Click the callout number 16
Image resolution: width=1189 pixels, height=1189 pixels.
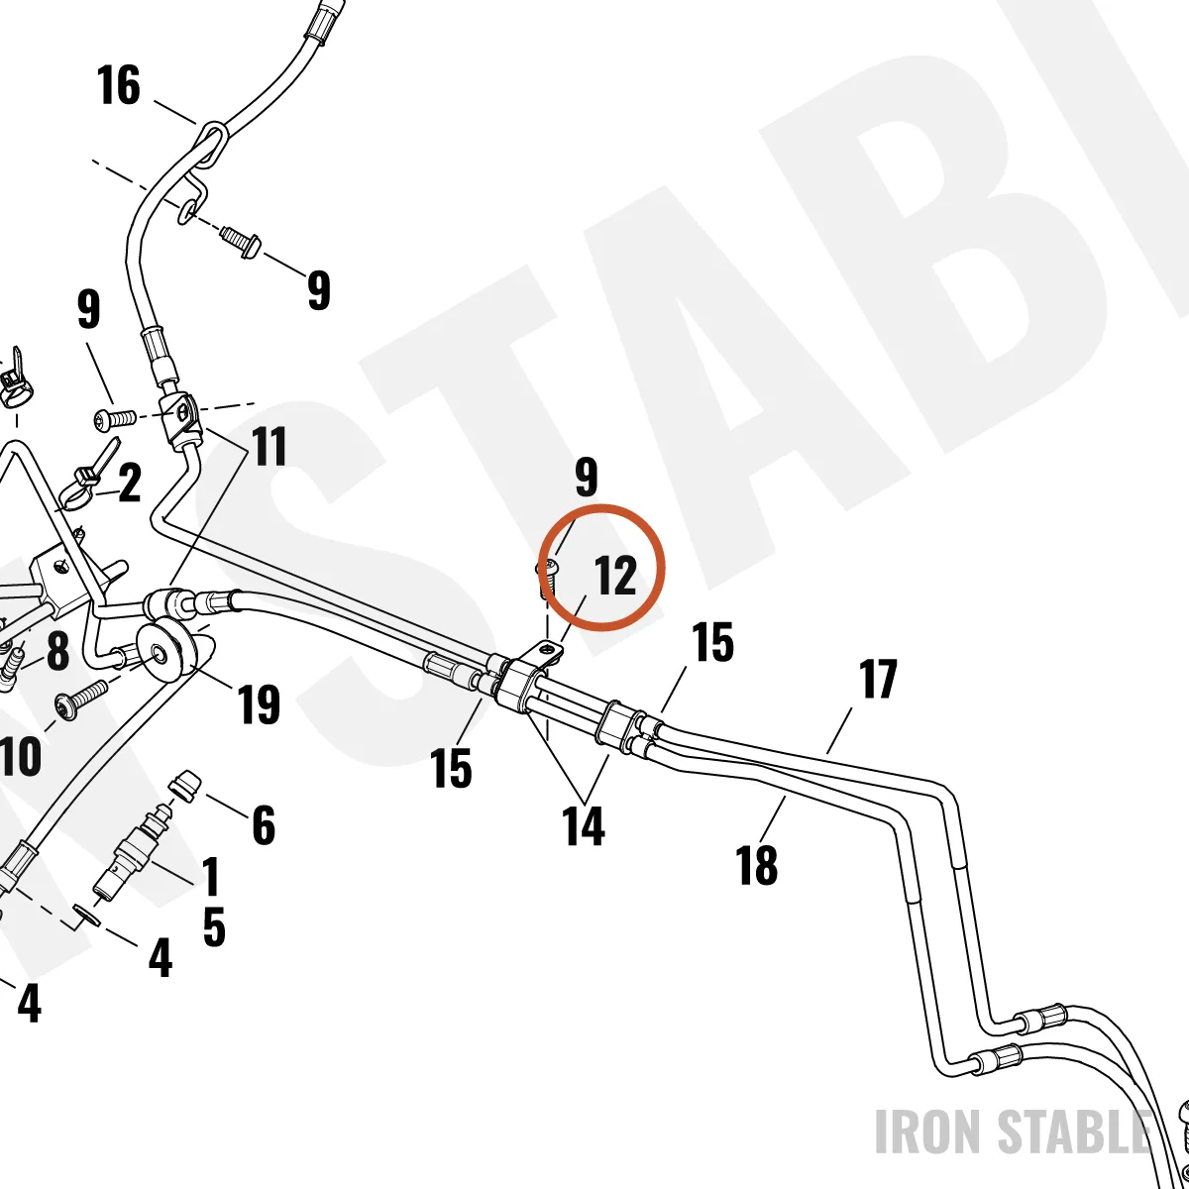coord(119,85)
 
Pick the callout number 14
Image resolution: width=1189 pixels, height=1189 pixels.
coord(583,826)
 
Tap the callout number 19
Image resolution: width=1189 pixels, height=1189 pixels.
coord(260,704)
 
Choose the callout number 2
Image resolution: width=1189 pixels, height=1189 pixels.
coord(130,483)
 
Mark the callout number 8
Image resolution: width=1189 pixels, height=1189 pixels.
coord(57,650)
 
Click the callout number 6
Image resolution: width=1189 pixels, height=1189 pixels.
coord(264,824)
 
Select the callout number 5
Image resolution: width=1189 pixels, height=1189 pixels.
coord(213,926)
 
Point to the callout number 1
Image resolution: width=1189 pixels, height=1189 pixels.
coord(211,876)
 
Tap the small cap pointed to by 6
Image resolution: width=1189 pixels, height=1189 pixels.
coord(185,786)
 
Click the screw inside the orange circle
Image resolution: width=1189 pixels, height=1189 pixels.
coord(546,578)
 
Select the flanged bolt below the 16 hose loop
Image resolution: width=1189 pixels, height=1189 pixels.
coord(241,243)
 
